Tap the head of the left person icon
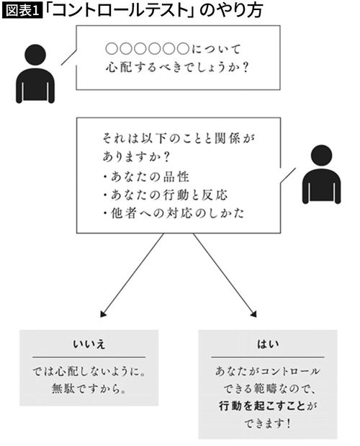pyautogui.click(x=35, y=55)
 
